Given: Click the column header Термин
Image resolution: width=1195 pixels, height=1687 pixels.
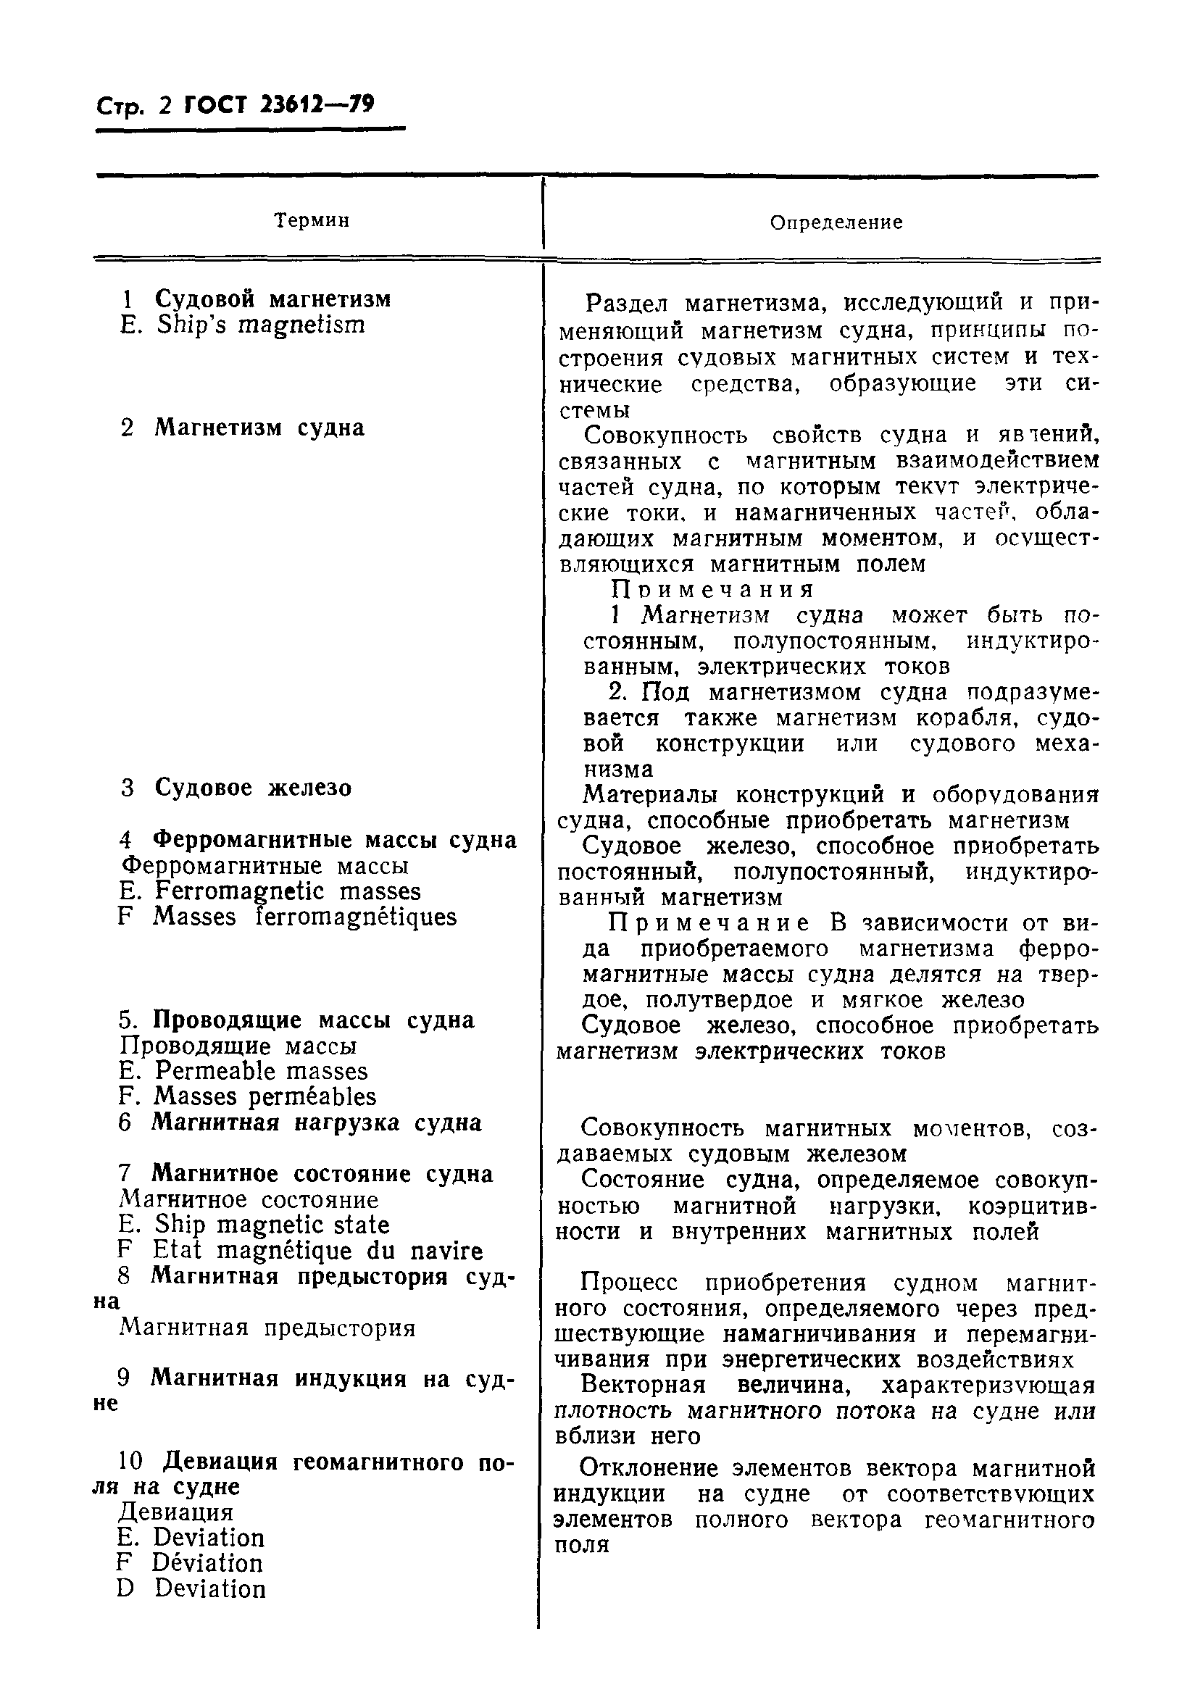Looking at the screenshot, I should click(312, 220).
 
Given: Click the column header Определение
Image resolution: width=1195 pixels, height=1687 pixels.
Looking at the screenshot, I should click(836, 222).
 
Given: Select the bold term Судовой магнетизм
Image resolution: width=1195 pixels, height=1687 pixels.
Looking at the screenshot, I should click(272, 299).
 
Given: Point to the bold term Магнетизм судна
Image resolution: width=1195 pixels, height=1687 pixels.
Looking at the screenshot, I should click(259, 428).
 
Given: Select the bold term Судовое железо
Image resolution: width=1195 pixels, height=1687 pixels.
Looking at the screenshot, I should click(253, 787).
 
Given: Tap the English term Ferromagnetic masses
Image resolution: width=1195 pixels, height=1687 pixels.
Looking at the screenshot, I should click(287, 891).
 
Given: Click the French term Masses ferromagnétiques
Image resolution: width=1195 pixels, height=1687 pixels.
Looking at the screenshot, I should click(304, 917).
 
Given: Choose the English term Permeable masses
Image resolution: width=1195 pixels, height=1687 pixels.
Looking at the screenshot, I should click(260, 1070).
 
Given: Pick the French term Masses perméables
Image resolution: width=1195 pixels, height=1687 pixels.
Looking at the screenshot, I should click(265, 1096).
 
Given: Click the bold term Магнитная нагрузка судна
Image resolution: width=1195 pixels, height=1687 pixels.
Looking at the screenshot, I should click(317, 1122).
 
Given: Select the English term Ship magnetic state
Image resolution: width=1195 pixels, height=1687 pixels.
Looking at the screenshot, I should click(272, 1224).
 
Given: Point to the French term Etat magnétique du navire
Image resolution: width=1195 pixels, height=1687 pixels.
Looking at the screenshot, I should click(317, 1251).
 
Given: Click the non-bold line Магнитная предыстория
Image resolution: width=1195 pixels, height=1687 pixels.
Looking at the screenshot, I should click(267, 1328).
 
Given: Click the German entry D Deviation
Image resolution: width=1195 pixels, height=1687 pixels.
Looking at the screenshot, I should click(209, 1588).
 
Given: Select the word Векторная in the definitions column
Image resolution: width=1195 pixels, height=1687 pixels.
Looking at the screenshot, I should click(642, 1385).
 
